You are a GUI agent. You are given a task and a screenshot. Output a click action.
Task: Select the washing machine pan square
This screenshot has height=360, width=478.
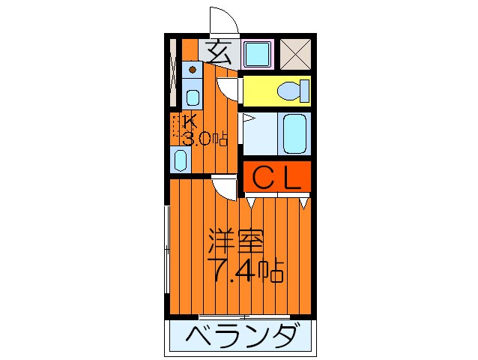[258, 53]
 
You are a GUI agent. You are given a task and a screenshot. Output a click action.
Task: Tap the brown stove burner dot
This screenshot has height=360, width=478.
[193, 70]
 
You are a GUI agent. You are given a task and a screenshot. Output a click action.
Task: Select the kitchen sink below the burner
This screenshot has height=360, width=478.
[193, 97]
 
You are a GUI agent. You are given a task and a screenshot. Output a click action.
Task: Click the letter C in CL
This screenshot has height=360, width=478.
[262, 178]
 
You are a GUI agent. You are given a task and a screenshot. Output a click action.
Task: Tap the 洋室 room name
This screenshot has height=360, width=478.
[235, 242]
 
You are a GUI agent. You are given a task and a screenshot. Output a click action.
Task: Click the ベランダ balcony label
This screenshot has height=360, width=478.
[239, 337]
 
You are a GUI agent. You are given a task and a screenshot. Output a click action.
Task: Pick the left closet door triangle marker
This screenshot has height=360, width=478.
[252, 201]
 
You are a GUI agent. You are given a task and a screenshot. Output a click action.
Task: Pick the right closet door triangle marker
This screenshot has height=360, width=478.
[304, 201]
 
